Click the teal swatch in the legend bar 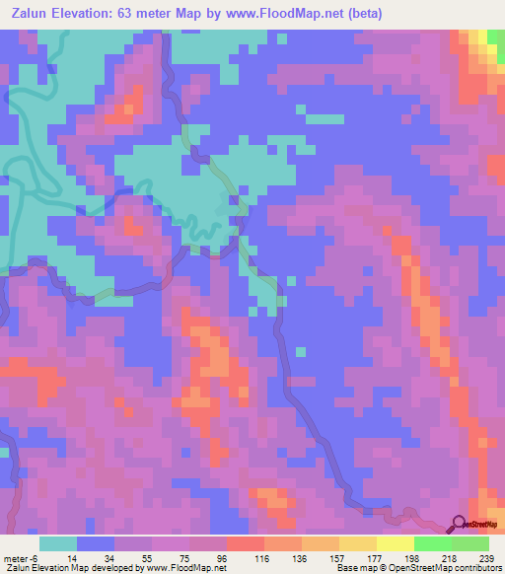pos(58,543)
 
